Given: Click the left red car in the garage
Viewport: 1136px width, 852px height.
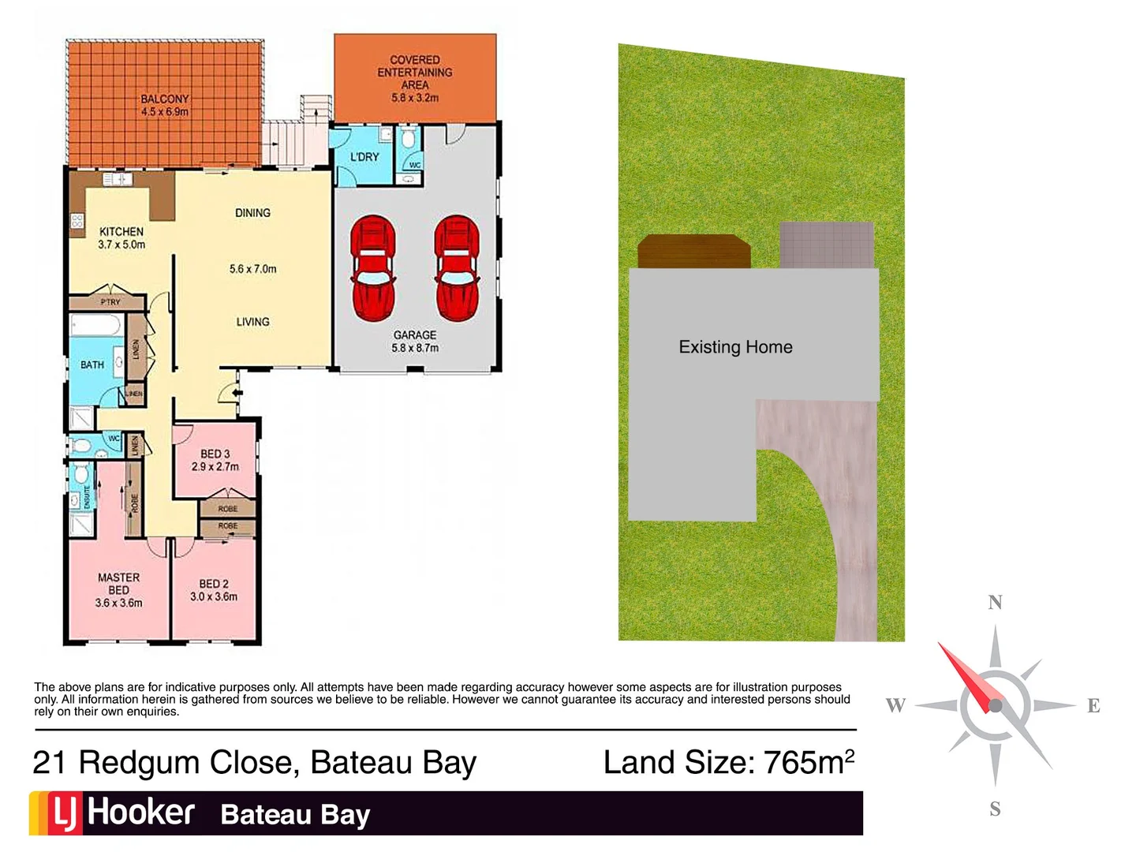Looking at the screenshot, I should coord(372,268).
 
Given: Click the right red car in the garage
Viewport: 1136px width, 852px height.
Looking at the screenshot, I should coord(456,268).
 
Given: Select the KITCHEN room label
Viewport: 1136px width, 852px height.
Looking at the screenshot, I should coord(121,232).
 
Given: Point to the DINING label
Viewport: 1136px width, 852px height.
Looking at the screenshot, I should coord(252,213).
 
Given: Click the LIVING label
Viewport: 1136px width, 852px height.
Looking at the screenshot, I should coord(252,322).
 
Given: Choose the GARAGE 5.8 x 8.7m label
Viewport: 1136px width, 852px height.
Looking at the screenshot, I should coord(415,341).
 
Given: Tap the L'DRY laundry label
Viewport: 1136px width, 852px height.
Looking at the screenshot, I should coord(364,157).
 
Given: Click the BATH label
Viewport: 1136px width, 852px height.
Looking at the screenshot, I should coord(92,364).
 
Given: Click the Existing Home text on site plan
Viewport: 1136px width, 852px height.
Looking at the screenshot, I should coord(735,347).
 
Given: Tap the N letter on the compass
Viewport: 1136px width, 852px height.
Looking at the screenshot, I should coord(995,603).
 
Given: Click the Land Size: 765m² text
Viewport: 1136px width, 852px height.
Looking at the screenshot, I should coord(728,762).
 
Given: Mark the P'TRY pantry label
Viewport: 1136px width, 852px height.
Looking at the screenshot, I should coord(110,302).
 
